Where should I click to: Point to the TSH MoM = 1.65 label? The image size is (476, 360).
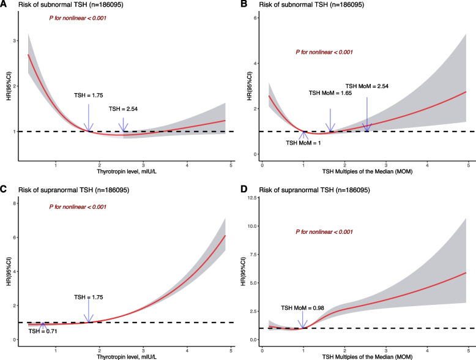(331, 94)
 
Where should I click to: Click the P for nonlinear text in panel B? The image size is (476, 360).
(321, 53)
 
